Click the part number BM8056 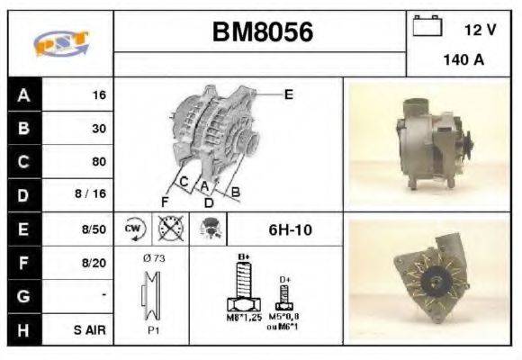click(x=263, y=32)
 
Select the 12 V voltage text click(x=480, y=30)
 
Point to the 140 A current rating click(x=464, y=60)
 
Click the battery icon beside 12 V click(x=425, y=26)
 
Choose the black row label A click(x=23, y=94)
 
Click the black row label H click(x=23, y=330)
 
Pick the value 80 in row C click(x=98, y=162)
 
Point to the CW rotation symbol click(x=134, y=229)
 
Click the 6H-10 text click(x=290, y=229)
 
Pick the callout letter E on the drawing click(x=288, y=93)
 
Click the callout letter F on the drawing click(x=165, y=200)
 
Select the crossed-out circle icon click(x=168, y=229)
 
